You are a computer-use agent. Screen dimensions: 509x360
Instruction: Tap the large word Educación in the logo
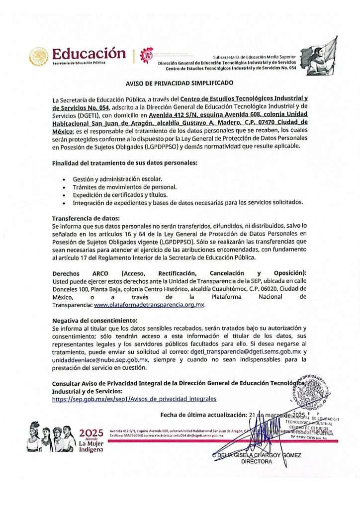tap(89, 53)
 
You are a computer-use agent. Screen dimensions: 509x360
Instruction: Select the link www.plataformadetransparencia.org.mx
tap(149, 305)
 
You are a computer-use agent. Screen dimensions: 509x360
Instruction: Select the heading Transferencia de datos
tap(86, 218)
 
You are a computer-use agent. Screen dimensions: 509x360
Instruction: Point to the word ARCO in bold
tap(99, 273)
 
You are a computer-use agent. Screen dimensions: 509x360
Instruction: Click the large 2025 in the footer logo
tap(91, 431)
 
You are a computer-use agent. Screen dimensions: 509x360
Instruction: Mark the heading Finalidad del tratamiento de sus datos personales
tap(125, 163)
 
